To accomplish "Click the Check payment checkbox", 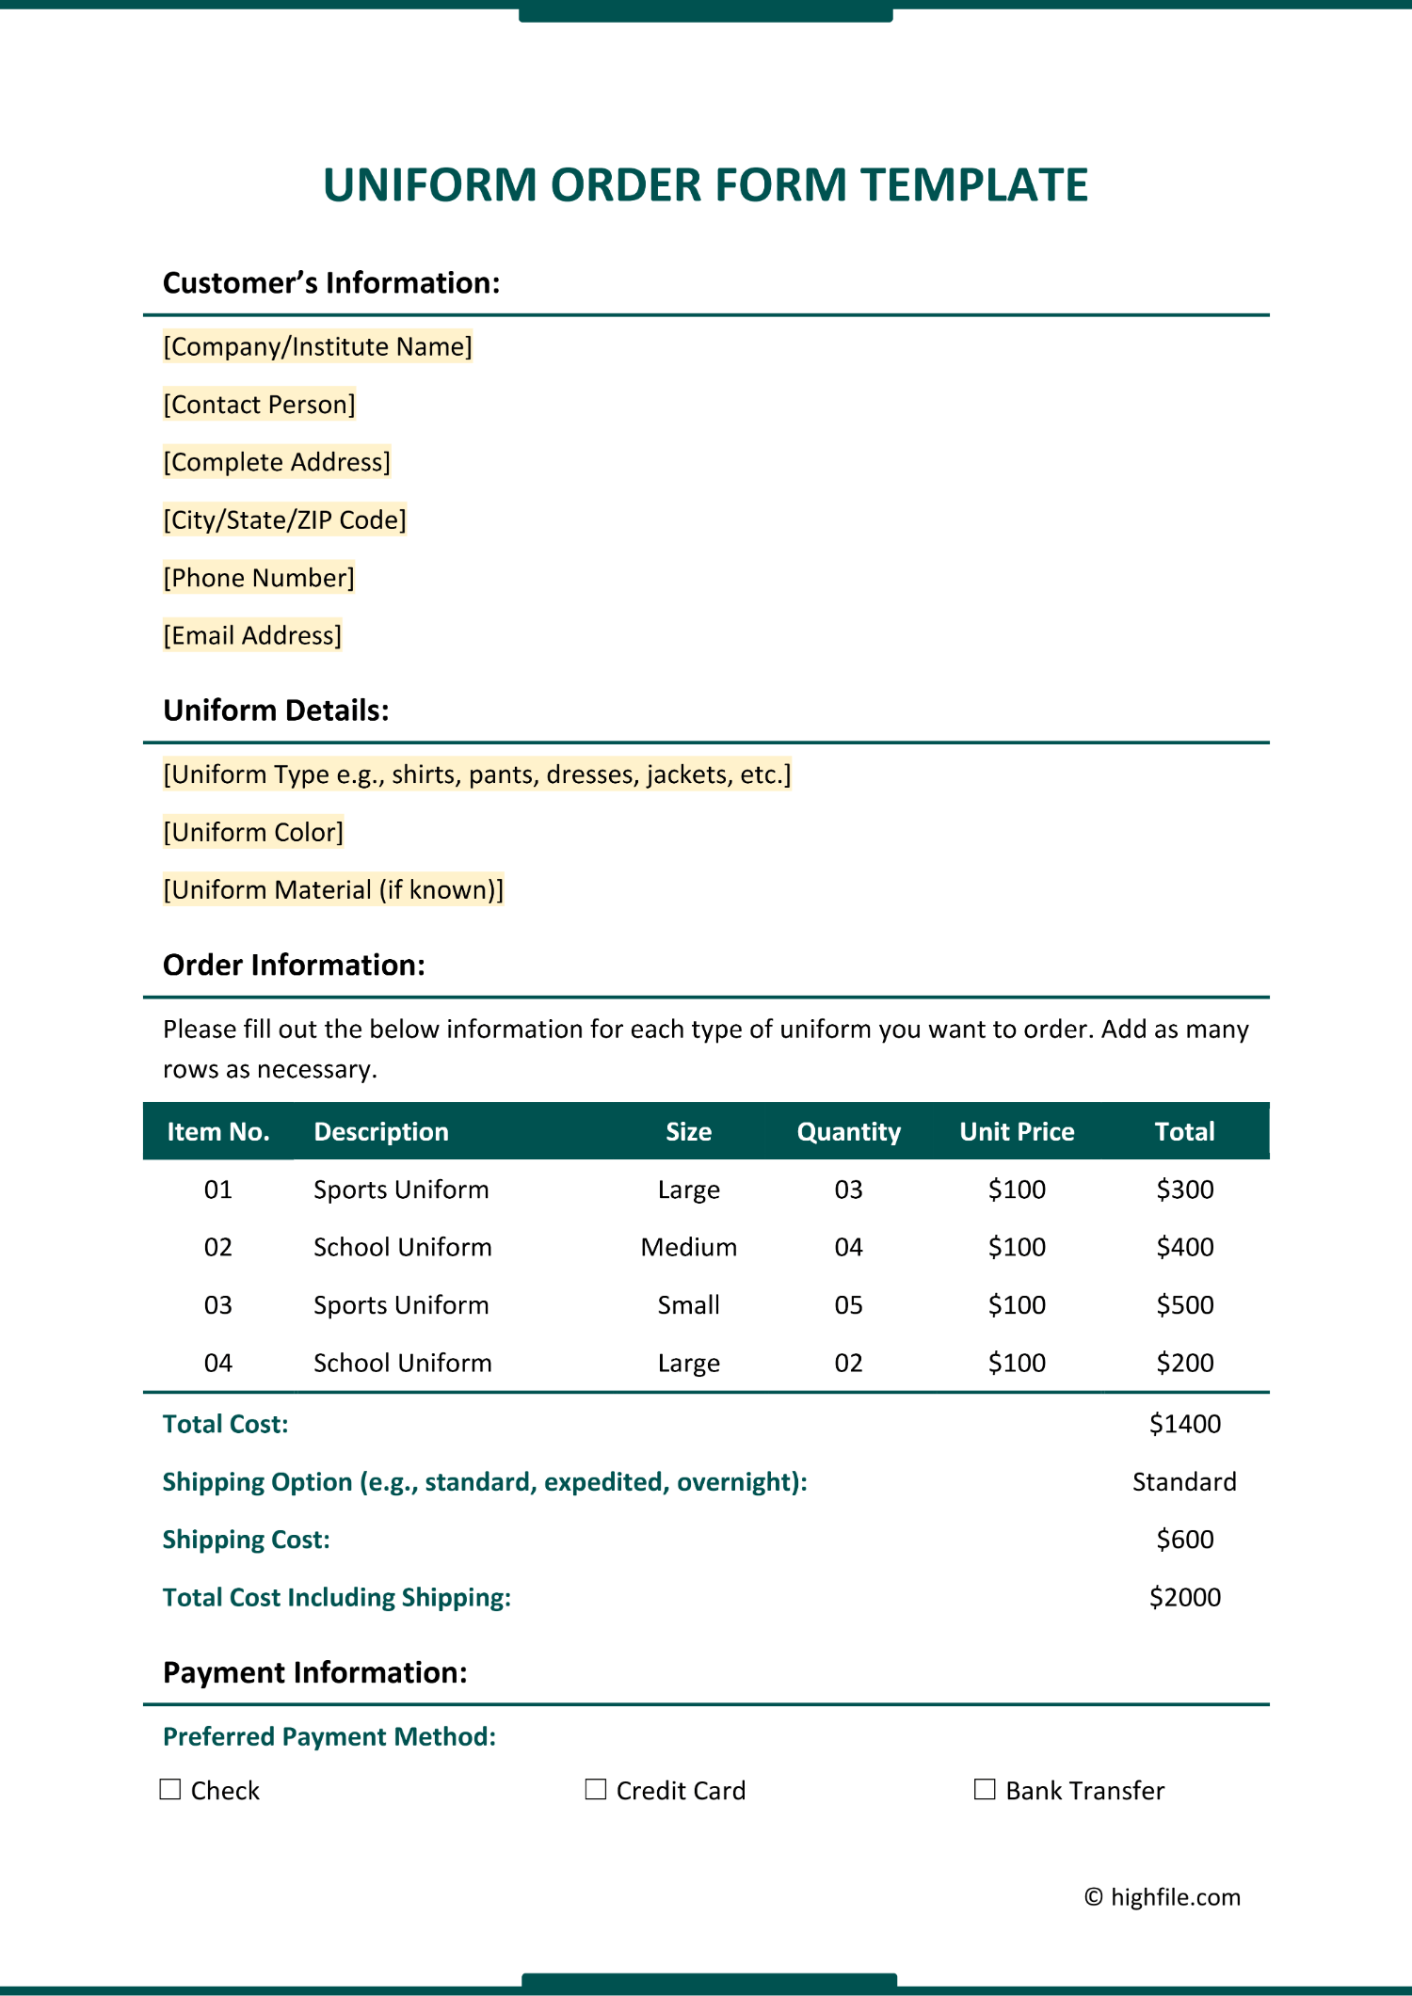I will (x=170, y=1789).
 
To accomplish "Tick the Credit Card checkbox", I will (x=596, y=1789).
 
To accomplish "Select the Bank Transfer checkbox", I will (x=985, y=1789).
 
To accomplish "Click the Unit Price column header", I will (x=1017, y=1131).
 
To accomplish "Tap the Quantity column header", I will (x=848, y=1131).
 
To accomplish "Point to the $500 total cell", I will (x=1184, y=1305).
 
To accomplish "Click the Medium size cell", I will (x=688, y=1247).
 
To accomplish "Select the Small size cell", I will (x=688, y=1305).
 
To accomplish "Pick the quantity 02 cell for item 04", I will (x=848, y=1363).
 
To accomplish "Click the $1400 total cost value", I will (x=1184, y=1424).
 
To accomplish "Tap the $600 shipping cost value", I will (x=1184, y=1540).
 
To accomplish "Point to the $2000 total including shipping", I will (x=1184, y=1597).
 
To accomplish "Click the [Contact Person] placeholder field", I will (x=259, y=405).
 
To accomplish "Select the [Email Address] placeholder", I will (x=252, y=636).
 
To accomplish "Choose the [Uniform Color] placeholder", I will (x=253, y=832).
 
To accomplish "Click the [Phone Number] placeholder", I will (x=259, y=578).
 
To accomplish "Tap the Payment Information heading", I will (x=314, y=1672).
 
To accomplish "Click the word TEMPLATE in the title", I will (x=974, y=184).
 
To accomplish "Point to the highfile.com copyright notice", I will (x=1163, y=1897).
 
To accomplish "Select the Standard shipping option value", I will (x=1184, y=1482).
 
